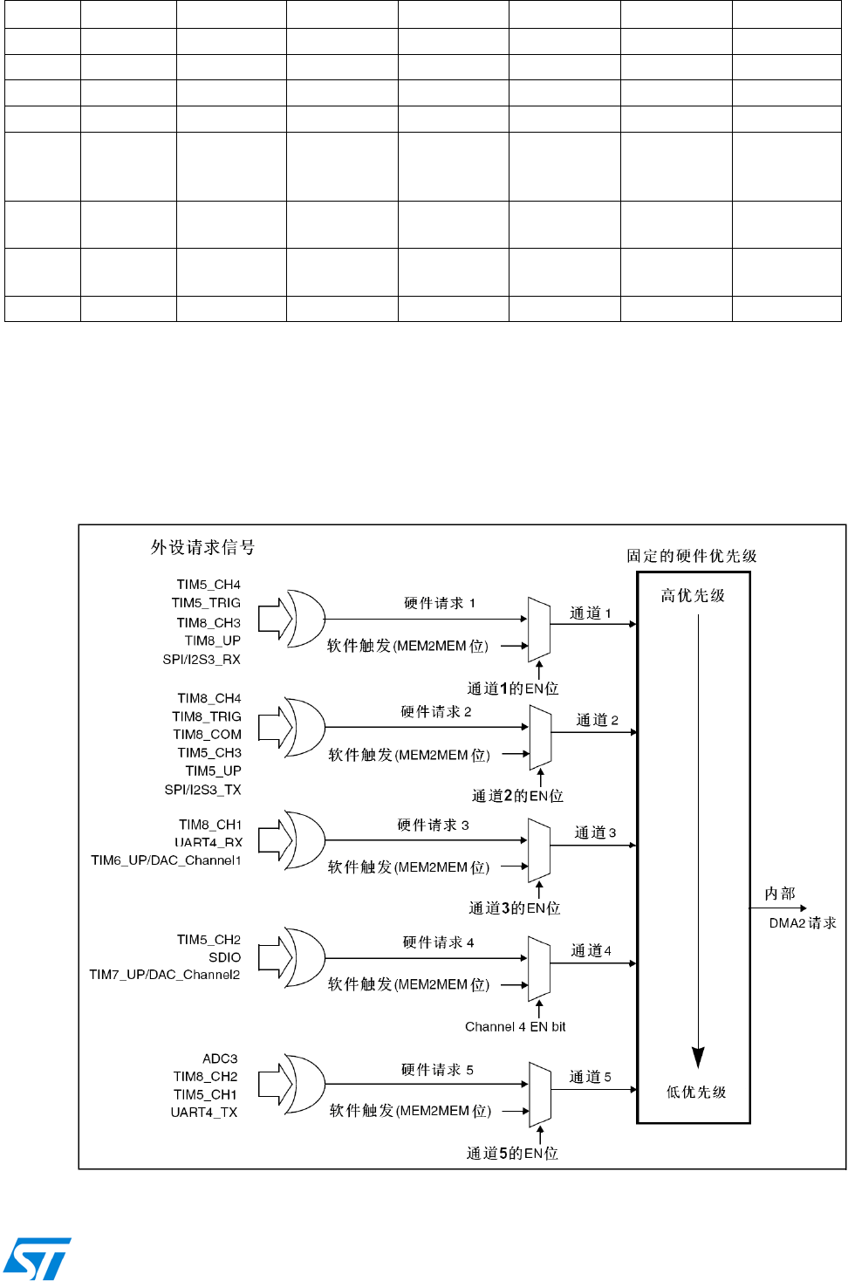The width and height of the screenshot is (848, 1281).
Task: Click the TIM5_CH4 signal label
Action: pos(209,585)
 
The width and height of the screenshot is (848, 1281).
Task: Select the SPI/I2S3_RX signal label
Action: pos(202,660)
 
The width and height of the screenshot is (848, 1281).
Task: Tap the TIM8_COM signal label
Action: pos(207,735)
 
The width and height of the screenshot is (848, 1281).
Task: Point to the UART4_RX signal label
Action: pos(209,842)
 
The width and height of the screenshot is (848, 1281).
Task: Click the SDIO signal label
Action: pos(224,957)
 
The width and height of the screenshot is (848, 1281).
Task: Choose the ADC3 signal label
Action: pos(220,1058)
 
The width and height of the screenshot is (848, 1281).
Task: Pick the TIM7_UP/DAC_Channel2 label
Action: pos(165,975)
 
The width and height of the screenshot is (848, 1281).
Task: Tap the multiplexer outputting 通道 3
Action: pos(539,850)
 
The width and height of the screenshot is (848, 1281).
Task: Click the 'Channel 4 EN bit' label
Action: pos(515,1027)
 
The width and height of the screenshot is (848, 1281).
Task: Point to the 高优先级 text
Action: pos(693,596)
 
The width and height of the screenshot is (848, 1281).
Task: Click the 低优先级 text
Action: pos(696,1093)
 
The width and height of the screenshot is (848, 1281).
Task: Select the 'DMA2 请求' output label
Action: pos(803,923)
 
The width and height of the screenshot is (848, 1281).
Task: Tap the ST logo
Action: pos(37,1258)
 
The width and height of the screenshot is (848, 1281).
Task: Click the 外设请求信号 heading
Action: pos(202,548)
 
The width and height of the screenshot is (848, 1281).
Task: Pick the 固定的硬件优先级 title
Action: pos(692,556)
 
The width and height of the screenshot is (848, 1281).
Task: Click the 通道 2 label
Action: pos(598,720)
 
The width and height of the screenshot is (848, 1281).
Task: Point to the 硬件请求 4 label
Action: pos(438,942)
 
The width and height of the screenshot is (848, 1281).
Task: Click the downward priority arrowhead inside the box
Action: pos(698,1057)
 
